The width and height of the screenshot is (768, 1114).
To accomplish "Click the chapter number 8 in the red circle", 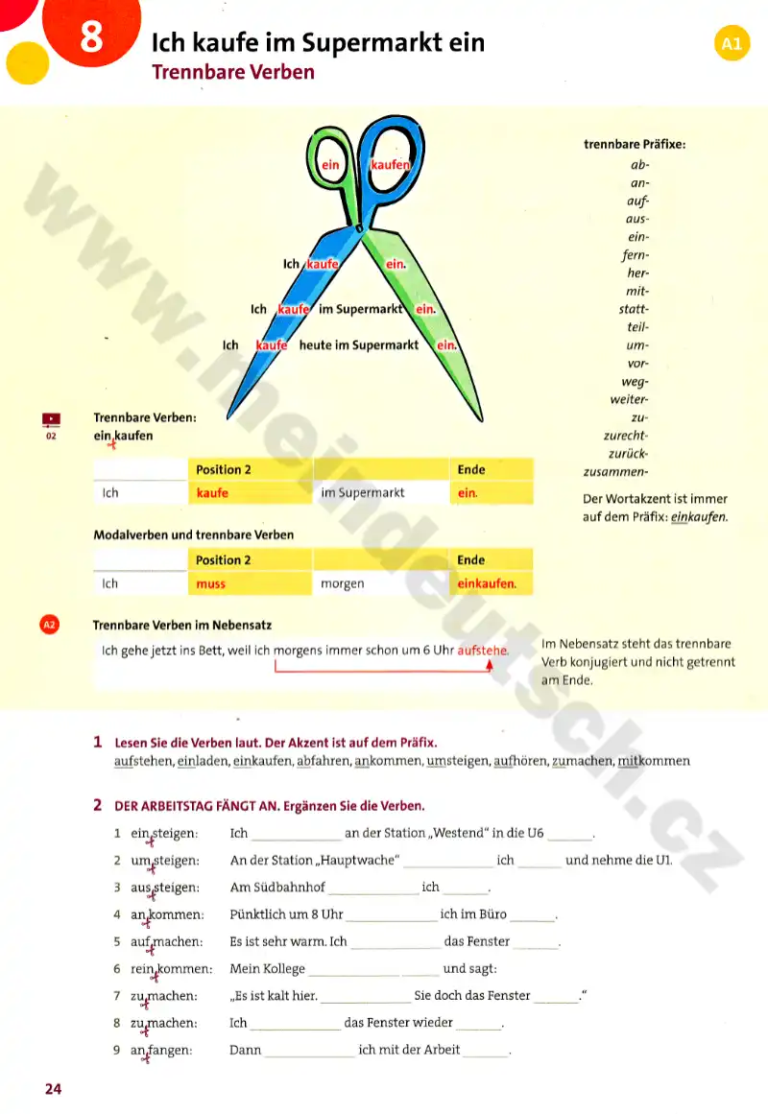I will tap(91, 37).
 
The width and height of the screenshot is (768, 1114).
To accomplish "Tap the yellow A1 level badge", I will tap(732, 43).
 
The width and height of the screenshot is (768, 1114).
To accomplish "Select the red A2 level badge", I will tap(49, 625).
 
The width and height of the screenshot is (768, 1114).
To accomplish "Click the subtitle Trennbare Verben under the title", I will tap(233, 72).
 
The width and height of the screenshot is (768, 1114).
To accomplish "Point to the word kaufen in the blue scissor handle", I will tap(391, 165).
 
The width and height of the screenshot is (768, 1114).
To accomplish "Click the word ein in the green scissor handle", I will tap(331, 165).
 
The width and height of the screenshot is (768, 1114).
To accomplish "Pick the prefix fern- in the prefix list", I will tap(636, 255).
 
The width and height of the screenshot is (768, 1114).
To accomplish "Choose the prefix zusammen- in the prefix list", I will tap(616, 472).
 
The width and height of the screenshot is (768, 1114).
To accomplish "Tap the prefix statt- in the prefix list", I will tap(634, 309).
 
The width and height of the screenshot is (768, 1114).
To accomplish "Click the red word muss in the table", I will tap(211, 583).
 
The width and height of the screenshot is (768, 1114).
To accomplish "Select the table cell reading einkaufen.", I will tap(487, 583).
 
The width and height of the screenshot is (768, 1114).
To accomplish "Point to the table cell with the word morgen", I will tap(343, 583).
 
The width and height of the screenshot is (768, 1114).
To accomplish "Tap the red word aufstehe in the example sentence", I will tap(483, 651).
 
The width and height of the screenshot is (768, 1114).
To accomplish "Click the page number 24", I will tap(53, 1089).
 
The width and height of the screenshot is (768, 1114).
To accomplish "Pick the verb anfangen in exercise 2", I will tap(160, 1051).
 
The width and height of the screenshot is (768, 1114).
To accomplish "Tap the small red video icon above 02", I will tap(51, 418).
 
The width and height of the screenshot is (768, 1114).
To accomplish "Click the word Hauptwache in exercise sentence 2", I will tap(354, 861).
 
